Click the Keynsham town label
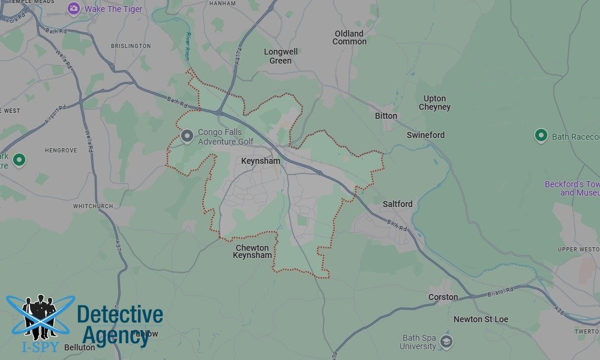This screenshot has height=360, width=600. click(260, 161)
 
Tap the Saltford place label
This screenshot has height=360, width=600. click(397, 204)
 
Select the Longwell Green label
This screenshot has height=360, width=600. click(280, 56)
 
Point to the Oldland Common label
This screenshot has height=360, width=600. click(349, 38)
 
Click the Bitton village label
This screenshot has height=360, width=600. click(386, 116)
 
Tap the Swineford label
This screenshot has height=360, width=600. click(425, 135)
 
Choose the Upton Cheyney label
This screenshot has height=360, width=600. click(434, 103)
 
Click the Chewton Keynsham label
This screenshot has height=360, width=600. click(253, 251)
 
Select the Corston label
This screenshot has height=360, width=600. click(443, 297)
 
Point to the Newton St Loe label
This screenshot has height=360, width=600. click(481, 319)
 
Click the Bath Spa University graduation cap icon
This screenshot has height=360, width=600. click(446, 342)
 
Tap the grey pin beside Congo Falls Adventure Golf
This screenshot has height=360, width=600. click(187, 137)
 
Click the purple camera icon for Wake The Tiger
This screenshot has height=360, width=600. click(74, 8)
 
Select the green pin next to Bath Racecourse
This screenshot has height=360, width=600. click(541, 136)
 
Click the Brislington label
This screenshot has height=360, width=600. click(131, 46)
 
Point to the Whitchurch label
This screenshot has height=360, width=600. click(93, 206)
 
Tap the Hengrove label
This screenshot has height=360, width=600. click(61, 150)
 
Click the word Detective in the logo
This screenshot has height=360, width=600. click(120, 315)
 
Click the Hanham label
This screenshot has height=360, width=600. click(222, 4)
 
